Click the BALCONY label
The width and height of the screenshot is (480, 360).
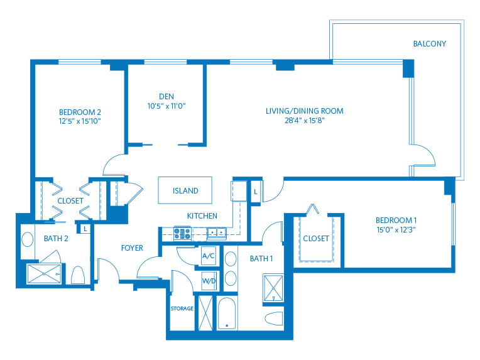pyautogui.click(x=429, y=44)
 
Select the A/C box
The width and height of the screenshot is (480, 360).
pyautogui.click(x=209, y=257)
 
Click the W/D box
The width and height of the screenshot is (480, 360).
pyautogui.click(x=209, y=281)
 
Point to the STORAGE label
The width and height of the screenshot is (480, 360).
pyautogui.click(x=182, y=308)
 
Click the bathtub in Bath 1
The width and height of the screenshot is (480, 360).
pyautogui.click(x=227, y=312)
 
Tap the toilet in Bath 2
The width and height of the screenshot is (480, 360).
pyautogui.click(x=79, y=275)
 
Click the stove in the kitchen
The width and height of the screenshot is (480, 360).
pyautogui.click(x=182, y=234)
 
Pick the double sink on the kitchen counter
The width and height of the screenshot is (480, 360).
pyautogui.click(x=217, y=233)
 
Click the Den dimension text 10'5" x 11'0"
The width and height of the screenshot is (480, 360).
pyautogui.click(x=166, y=106)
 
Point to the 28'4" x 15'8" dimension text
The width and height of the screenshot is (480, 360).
pyautogui.click(x=304, y=121)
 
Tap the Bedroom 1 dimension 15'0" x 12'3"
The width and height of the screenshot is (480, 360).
pyautogui.click(x=396, y=230)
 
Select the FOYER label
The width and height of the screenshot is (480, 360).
pyautogui.click(x=132, y=248)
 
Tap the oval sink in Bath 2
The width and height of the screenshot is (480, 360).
pyautogui.click(x=28, y=239)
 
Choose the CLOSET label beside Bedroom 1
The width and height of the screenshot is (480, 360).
pyautogui.click(x=315, y=239)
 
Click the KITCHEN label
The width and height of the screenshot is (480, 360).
pyautogui.click(x=202, y=216)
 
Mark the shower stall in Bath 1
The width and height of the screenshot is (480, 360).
pyautogui.click(x=273, y=287)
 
